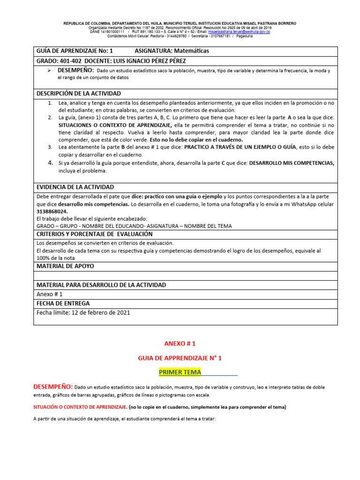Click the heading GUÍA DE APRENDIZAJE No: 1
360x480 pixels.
coord(75,51)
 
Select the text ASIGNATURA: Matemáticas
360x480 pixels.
coord(172,51)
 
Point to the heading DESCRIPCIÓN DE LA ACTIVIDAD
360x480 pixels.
coord(78,93)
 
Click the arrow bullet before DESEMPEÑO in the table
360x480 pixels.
coord(48,70)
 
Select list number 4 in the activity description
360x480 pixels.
coord(51,163)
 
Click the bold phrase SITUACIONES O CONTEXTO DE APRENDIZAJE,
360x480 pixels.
coord(115,126)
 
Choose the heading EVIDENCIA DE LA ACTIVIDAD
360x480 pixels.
coord(75,187)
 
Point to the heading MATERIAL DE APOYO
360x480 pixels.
coord(65,266)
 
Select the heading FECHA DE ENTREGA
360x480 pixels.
coord(63,303)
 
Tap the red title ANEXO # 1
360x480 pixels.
coord(180,344)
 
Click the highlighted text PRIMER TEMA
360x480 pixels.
coord(180,372)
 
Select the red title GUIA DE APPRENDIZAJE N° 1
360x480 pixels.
coord(180,358)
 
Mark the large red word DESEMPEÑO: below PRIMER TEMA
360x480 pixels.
coord(52,387)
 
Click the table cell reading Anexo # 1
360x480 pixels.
coord(49,294)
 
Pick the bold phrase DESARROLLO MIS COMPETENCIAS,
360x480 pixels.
coord(292,163)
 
